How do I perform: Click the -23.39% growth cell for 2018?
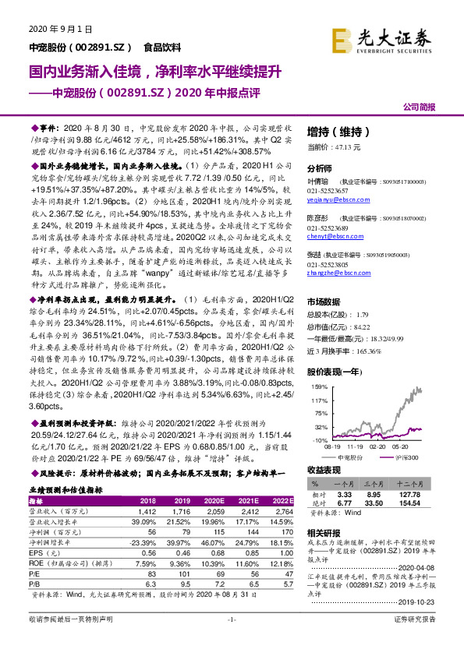pyautogui.click(x=144, y=520)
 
